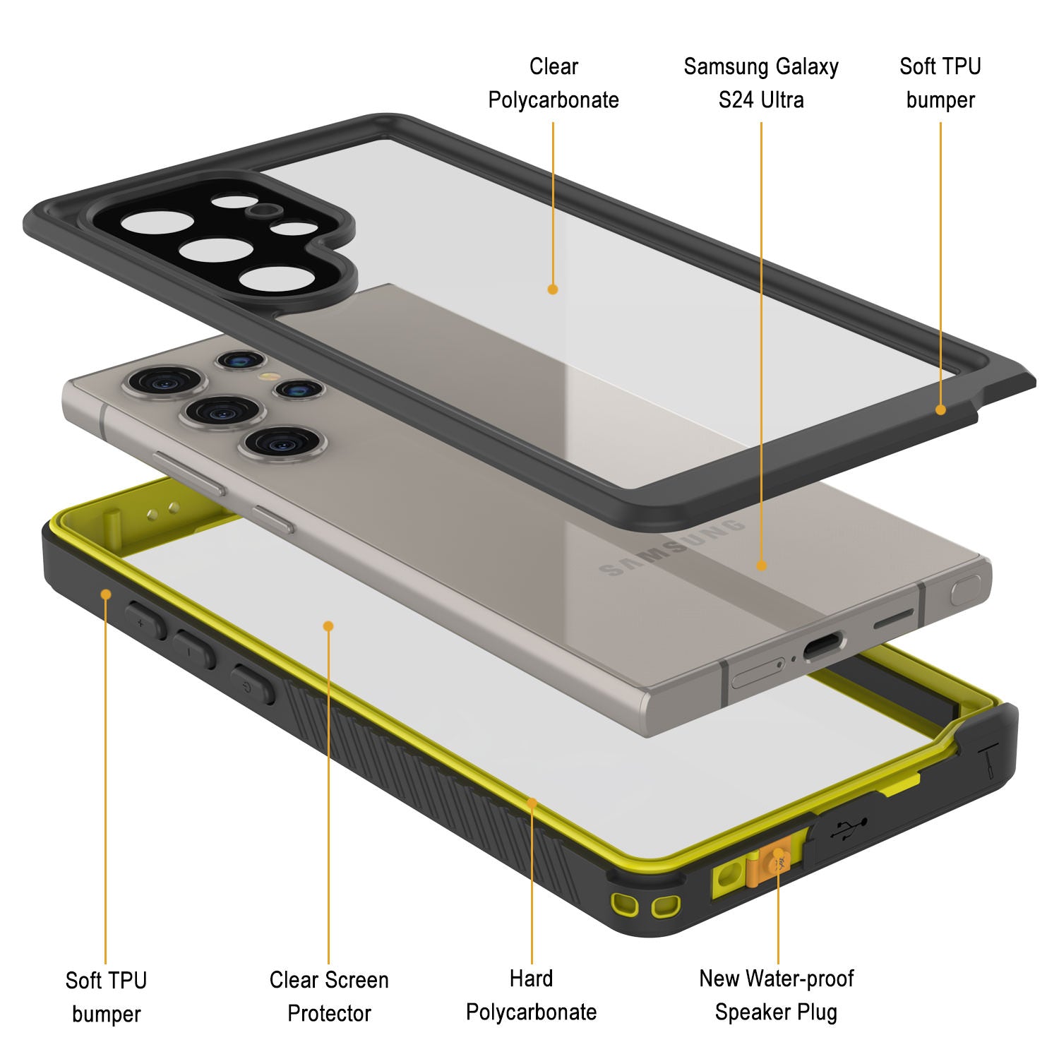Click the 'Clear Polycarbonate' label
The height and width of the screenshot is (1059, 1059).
(554, 83)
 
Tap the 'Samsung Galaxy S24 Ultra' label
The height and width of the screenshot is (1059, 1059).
(761, 83)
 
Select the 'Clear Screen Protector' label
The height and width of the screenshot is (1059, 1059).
(329, 996)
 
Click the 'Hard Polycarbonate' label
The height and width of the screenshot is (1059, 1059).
(532, 995)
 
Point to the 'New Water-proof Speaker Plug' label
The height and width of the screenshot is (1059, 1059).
(777, 995)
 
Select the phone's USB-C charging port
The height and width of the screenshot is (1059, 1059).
(823, 645)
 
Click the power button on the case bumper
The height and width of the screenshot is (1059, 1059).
(252, 683)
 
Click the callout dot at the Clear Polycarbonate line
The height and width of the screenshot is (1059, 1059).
(553, 289)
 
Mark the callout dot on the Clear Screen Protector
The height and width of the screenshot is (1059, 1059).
(328, 626)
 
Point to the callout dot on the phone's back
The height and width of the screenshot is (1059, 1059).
(761, 565)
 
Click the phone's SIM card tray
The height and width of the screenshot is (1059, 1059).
(758, 672)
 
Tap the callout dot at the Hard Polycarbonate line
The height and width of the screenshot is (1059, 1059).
(532, 802)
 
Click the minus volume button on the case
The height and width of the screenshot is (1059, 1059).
(194, 650)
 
